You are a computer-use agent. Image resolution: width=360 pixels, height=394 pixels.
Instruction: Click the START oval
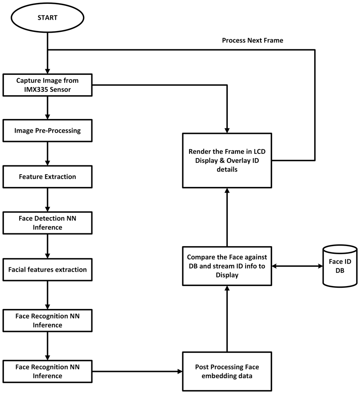(47, 18)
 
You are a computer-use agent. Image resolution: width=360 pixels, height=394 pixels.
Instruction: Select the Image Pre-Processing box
(47, 130)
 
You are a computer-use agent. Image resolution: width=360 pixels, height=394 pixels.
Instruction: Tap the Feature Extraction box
(47, 177)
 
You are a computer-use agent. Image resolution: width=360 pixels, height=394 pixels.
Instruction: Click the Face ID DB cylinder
(340, 266)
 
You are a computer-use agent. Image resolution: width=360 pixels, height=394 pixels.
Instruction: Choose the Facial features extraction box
(47, 270)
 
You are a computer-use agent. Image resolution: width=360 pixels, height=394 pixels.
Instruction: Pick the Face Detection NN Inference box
(47, 223)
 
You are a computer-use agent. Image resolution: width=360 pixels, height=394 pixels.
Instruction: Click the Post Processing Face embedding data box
(227, 371)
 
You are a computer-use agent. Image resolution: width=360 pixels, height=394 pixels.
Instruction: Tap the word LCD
(259, 152)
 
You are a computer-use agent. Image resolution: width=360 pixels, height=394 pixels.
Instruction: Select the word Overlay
(240, 161)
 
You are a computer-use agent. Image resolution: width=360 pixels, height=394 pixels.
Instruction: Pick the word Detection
(48, 218)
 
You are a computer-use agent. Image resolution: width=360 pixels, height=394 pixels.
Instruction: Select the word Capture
(29, 80)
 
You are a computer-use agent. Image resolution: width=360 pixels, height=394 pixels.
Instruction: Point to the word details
(227, 169)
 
